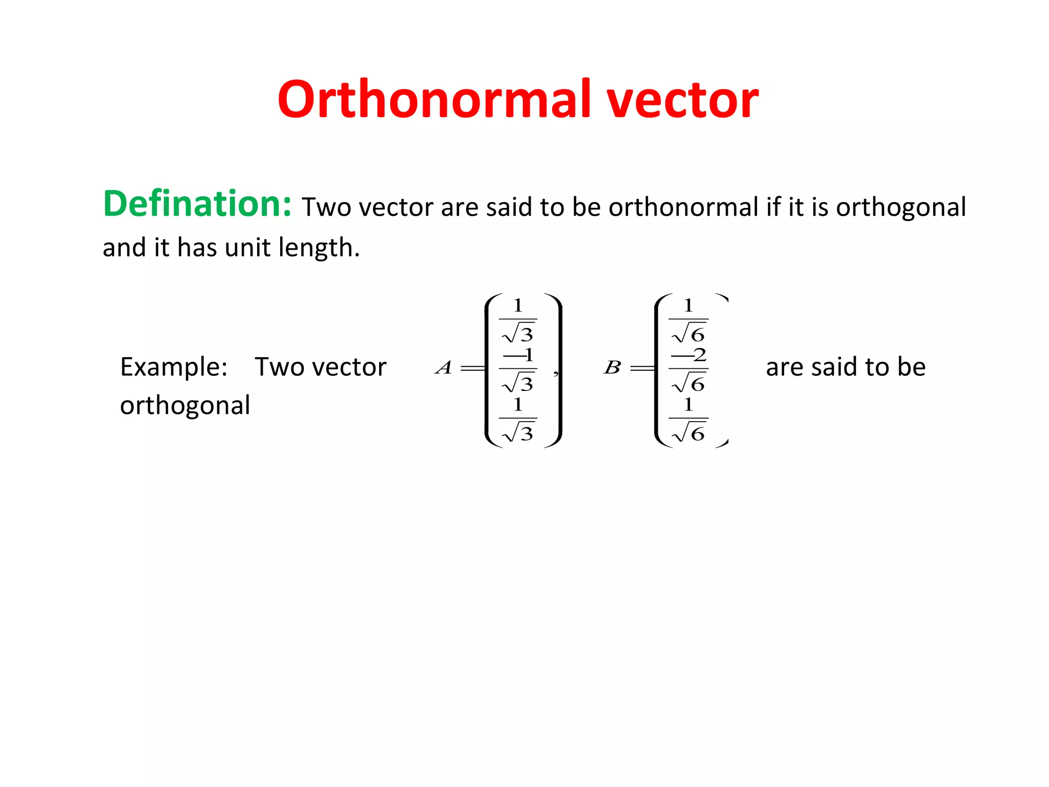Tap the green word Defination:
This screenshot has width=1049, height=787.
point(197,204)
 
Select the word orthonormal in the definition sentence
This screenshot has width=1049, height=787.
point(683,208)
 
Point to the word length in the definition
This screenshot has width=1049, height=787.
point(319,248)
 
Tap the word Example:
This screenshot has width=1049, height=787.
point(174,367)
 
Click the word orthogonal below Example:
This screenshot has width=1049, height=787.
point(185,406)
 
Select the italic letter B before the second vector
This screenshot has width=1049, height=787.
point(613,367)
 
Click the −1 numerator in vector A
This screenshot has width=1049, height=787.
point(518,355)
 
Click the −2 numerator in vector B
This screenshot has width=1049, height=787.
point(689,355)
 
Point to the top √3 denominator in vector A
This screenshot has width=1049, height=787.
point(518,334)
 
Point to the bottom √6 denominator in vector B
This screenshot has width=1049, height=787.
point(689,433)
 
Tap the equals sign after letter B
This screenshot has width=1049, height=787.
point(642,368)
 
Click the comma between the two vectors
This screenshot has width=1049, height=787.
point(556,374)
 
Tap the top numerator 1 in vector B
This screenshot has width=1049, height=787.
point(688,306)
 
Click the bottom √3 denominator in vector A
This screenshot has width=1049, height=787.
point(518,433)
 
